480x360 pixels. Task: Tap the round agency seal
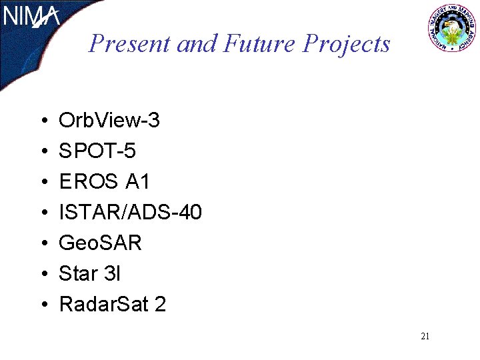pyautogui.click(x=452, y=29)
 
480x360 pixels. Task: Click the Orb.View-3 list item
pyautogui.click(x=109, y=121)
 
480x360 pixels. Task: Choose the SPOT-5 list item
pyautogui.click(x=97, y=151)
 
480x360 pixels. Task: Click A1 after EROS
pyautogui.click(x=138, y=182)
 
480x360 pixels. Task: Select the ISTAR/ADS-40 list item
pyautogui.click(x=130, y=213)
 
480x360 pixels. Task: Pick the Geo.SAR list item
pyautogui.click(x=101, y=243)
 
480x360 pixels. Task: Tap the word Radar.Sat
pyautogui.click(x=103, y=305)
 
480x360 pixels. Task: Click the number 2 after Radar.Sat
pyautogui.click(x=160, y=305)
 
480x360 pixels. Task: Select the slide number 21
pyautogui.click(x=425, y=337)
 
